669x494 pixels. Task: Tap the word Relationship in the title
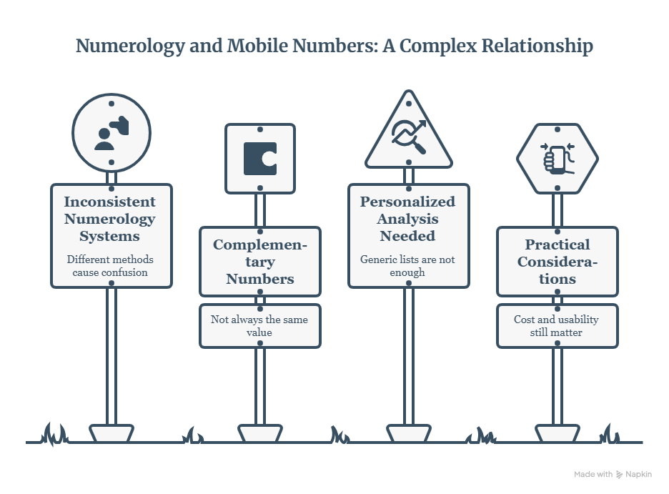(x=537, y=46)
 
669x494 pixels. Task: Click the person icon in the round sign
(x=111, y=133)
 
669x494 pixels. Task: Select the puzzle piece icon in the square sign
(x=260, y=159)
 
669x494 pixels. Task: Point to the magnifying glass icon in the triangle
(x=409, y=137)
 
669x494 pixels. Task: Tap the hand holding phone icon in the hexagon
(x=557, y=159)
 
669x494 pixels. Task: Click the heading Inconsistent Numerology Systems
(x=110, y=219)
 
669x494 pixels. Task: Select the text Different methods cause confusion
(x=110, y=266)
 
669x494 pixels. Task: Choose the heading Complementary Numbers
(x=260, y=262)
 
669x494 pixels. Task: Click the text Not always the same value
(x=259, y=326)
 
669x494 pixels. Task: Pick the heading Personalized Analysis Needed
(x=408, y=219)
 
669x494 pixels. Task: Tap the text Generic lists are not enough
(x=407, y=266)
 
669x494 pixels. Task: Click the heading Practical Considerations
(x=557, y=262)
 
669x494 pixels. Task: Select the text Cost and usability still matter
(x=556, y=326)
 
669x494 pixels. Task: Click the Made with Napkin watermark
(x=613, y=474)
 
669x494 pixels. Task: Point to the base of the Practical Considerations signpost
(x=557, y=433)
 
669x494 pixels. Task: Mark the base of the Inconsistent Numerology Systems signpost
(x=111, y=433)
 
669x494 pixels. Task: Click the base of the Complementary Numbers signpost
(x=260, y=433)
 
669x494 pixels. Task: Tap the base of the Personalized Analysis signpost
(x=409, y=433)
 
